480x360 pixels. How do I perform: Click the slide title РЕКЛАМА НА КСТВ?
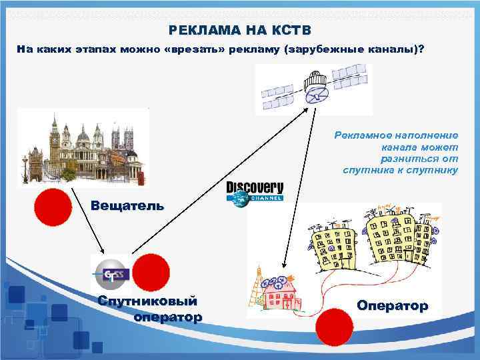point(239,31)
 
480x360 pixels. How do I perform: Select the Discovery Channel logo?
point(255,191)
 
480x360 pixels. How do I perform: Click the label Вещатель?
point(127,205)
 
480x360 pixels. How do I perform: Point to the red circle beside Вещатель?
point(53,206)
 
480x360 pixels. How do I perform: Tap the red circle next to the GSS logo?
point(150,273)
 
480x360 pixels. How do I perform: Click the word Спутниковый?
point(147,301)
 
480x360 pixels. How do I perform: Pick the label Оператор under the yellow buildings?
point(392,306)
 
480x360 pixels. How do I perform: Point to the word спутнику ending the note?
point(433,171)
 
